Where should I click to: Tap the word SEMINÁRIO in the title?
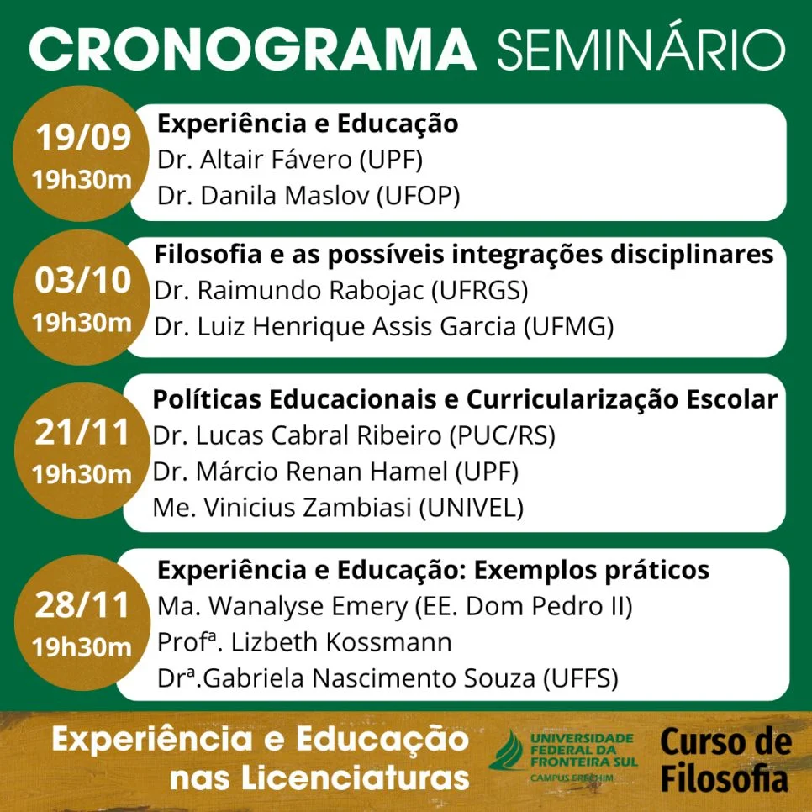point(641,50)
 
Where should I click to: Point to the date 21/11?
point(82,433)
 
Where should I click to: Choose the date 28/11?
point(82,605)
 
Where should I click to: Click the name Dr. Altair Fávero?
point(245,160)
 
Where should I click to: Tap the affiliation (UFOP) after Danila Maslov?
point(418,196)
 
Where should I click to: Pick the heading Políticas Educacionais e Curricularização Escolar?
point(464,400)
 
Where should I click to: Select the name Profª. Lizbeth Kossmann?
point(304,642)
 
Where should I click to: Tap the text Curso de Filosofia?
point(725,761)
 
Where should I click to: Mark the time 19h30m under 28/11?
point(82,647)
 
